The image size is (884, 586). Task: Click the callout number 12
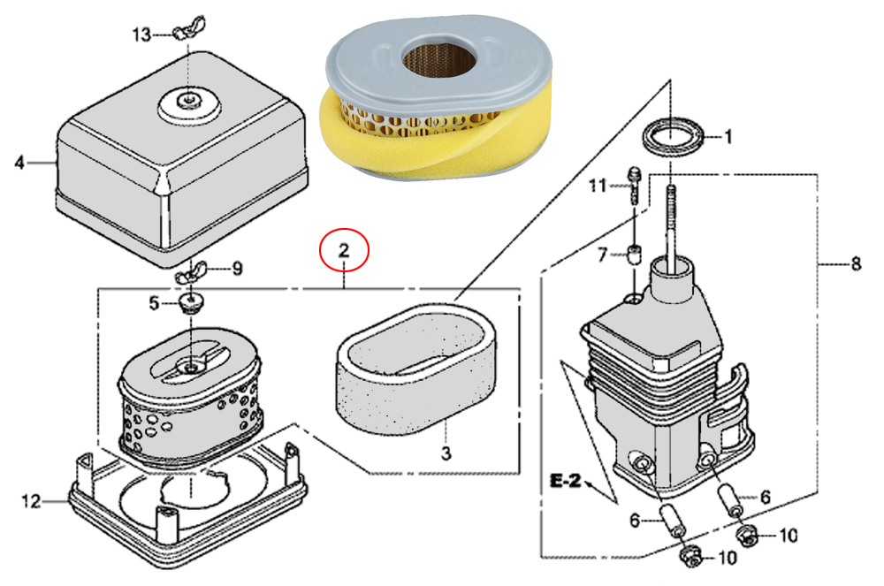32,502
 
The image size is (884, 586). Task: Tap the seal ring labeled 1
674,138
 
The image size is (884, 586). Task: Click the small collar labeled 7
633,256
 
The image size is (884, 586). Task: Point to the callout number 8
855,263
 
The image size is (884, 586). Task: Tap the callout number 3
446,453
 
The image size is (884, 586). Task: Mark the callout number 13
141,34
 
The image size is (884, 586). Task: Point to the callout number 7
602,255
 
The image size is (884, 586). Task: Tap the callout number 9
236,270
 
